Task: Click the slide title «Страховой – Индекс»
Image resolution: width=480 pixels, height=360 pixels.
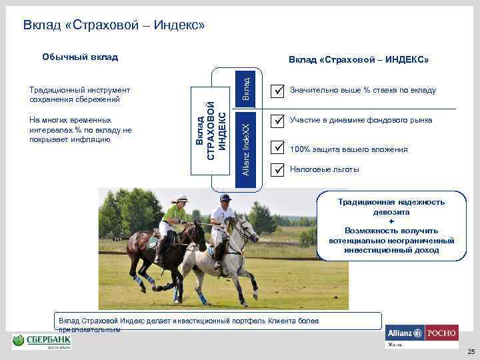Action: click(x=113, y=26)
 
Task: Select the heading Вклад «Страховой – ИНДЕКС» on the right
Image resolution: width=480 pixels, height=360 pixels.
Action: click(x=359, y=60)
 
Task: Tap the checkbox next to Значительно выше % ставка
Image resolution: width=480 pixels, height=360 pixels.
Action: click(x=279, y=90)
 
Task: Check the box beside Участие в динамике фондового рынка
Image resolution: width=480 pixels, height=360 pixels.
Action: click(x=279, y=121)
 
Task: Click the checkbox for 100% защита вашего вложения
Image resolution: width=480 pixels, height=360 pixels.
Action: click(x=279, y=146)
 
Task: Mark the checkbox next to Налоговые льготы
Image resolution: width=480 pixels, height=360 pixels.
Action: click(x=279, y=169)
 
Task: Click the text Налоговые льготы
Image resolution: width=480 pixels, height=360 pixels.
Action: click(x=324, y=169)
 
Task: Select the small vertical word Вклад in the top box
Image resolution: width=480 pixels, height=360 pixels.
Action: click(x=245, y=89)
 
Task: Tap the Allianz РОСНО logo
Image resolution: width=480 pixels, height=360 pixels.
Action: click(x=421, y=335)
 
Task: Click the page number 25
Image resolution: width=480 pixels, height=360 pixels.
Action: click(x=471, y=351)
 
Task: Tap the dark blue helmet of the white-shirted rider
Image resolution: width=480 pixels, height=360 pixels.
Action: click(x=225, y=197)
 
